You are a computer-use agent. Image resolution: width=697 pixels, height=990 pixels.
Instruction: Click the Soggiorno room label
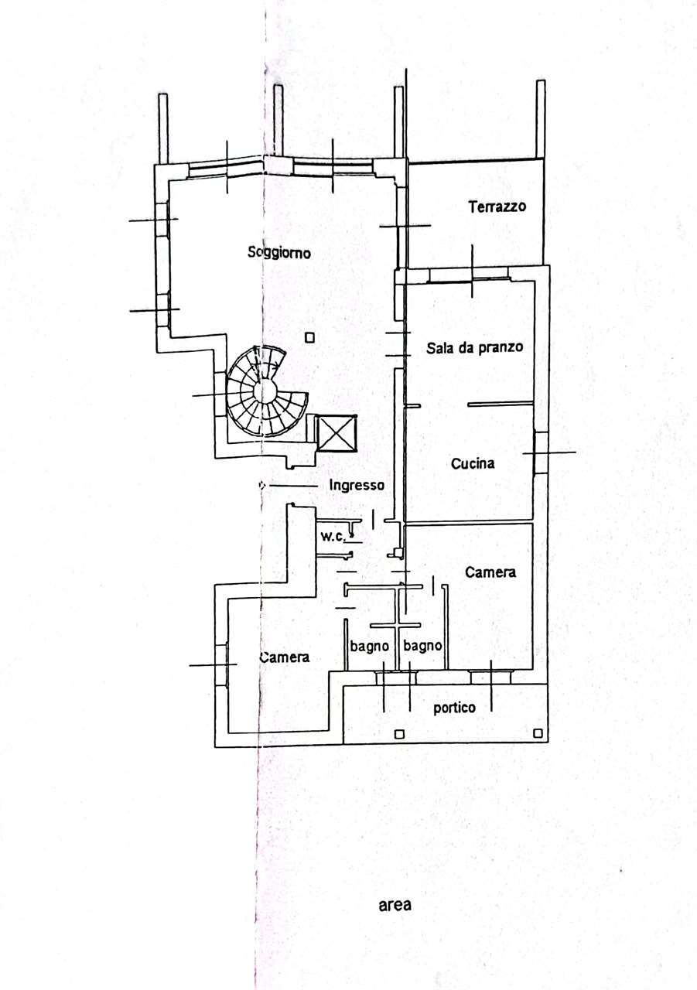point(279,253)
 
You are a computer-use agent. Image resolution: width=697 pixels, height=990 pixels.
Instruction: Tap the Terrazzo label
point(497,207)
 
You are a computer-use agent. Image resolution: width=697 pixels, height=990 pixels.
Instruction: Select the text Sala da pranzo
point(474,348)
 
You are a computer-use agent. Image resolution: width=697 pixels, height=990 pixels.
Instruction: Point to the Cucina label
point(473,463)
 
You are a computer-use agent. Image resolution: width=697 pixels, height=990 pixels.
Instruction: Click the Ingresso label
point(357,485)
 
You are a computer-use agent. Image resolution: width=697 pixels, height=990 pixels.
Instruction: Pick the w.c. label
point(333,537)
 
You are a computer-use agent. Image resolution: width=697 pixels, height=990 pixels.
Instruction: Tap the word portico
point(454,708)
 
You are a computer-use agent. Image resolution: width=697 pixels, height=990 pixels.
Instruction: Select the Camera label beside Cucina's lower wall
point(490,572)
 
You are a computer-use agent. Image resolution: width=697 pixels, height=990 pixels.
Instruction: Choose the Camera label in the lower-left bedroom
point(285,657)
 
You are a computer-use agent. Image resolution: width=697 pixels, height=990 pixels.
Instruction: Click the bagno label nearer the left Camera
point(370,647)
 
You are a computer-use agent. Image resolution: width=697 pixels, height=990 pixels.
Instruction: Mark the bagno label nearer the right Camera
point(422,646)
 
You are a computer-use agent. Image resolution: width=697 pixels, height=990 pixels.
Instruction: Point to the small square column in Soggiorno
point(310,338)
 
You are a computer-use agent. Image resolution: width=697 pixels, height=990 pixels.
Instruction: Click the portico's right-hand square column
point(538,733)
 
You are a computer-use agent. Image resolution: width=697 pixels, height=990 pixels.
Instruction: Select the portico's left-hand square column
point(399,734)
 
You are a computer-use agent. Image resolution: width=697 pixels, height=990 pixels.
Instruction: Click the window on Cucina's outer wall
point(541,453)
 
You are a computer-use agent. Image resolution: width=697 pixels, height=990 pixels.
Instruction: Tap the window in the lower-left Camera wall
point(222,664)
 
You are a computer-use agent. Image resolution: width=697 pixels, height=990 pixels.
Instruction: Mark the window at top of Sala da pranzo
point(470,277)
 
